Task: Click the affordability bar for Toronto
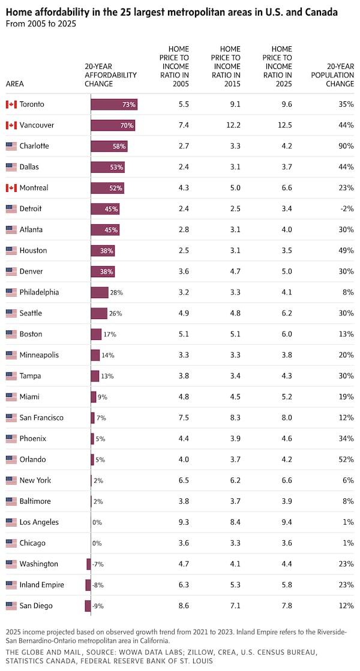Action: click(x=114, y=104)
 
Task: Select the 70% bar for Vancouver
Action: click(x=113, y=125)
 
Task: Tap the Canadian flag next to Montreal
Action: click(x=11, y=188)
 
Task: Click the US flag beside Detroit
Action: click(x=11, y=209)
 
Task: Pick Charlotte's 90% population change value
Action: click(x=346, y=146)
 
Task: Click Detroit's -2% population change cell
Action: click(x=346, y=209)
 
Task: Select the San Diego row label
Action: click(x=36, y=606)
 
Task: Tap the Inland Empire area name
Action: click(x=41, y=585)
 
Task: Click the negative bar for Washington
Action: click(x=88, y=564)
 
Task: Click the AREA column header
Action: click(x=14, y=84)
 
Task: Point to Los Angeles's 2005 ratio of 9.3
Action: click(x=184, y=522)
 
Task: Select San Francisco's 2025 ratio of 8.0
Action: click(x=286, y=417)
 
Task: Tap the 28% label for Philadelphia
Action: click(x=116, y=293)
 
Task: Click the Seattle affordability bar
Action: click(x=99, y=313)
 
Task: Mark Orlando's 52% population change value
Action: click(x=346, y=459)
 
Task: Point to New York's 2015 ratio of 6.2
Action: click(x=235, y=480)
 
